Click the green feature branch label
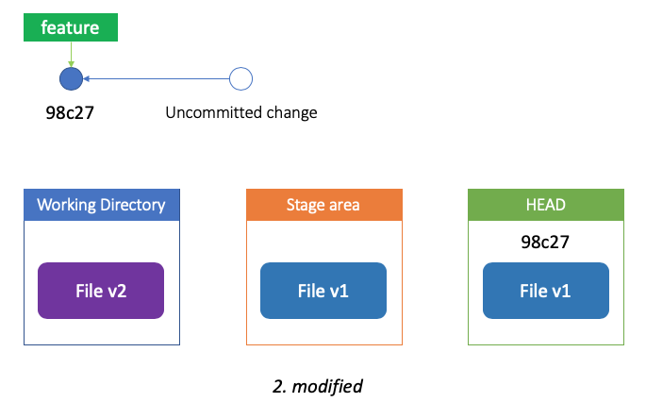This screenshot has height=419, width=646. pos(71,27)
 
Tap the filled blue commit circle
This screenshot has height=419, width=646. pos(72,78)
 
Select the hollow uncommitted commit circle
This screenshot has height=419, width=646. pos(240,78)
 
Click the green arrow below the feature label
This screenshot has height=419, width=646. pos(72,54)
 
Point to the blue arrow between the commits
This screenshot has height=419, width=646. pos(157,78)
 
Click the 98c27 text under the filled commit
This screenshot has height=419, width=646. pos(70,112)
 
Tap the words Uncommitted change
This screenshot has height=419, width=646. pos(241,112)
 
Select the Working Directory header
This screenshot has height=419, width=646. pos(102,205)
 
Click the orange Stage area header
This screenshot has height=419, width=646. pos(324,205)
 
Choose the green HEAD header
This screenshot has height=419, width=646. pos(546,205)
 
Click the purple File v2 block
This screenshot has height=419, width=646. pos(101,291)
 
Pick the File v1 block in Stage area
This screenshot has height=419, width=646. pos(323,291)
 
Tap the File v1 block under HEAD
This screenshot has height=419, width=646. pos(546,291)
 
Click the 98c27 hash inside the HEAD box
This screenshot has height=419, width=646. pos(545,243)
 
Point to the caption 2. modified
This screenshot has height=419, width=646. pos(318,386)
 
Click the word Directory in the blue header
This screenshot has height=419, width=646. pos(133,205)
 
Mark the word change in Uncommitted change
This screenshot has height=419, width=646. pos(291,112)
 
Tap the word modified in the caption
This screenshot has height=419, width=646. pos(327,386)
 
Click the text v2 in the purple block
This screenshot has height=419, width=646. pos(117,292)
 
